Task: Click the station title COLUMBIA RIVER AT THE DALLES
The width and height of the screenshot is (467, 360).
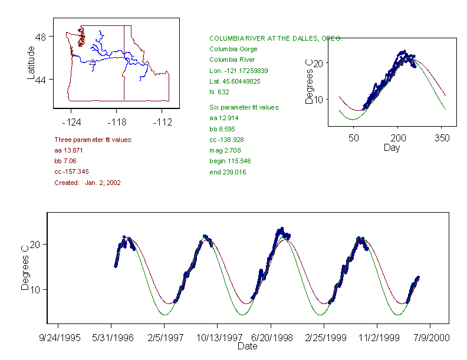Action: (x=275, y=38)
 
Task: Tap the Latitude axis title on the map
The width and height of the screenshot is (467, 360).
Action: (x=32, y=62)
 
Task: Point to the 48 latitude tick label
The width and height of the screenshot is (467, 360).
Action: (x=41, y=37)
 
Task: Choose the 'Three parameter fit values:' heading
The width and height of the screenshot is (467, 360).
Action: (x=93, y=140)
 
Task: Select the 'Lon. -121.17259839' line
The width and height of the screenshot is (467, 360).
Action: (x=238, y=70)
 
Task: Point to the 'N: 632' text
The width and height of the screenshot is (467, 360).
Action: (x=219, y=92)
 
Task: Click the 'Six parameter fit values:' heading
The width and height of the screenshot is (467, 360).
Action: (x=244, y=107)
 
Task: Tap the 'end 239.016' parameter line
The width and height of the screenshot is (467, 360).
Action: (x=228, y=172)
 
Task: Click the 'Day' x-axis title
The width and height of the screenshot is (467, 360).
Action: (x=392, y=148)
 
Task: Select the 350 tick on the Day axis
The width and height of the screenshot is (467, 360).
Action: (x=442, y=138)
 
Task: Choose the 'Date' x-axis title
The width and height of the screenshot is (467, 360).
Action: (x=247, y=346)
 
